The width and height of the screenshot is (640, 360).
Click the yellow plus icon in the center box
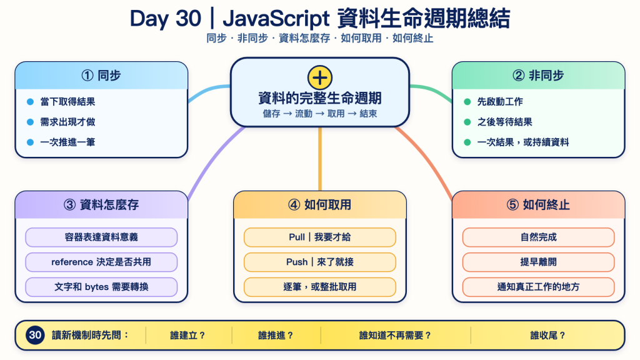click(319, 77)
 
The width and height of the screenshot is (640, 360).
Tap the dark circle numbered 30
click(35, 335)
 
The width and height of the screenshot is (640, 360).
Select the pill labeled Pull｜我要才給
click(319, 237)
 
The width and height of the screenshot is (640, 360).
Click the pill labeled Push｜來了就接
click(319, 262)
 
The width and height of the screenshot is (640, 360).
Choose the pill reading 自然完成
click(538, 237)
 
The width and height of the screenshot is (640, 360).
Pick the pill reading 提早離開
click(538, 262)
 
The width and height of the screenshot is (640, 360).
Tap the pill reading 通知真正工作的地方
click(538, 287)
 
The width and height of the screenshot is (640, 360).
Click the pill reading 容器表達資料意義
click(101, 237)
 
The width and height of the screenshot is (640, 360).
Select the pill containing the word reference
click(101, 262)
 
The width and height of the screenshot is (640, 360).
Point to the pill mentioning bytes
click(101, 287)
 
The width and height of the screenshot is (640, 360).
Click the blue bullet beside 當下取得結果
click(30, 102)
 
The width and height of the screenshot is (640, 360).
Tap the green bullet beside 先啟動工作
click(467, 102)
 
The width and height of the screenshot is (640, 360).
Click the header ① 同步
click(101, 76)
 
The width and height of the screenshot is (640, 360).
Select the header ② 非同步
click(538, 76)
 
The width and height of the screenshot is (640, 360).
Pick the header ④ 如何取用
click(319, 204)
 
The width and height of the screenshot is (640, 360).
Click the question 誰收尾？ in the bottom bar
click(547, 336)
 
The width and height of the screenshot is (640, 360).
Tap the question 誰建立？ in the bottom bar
click(187, 336)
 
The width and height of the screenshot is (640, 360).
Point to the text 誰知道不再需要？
click(395, 336)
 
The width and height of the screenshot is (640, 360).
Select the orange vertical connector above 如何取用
click(319, 159)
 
